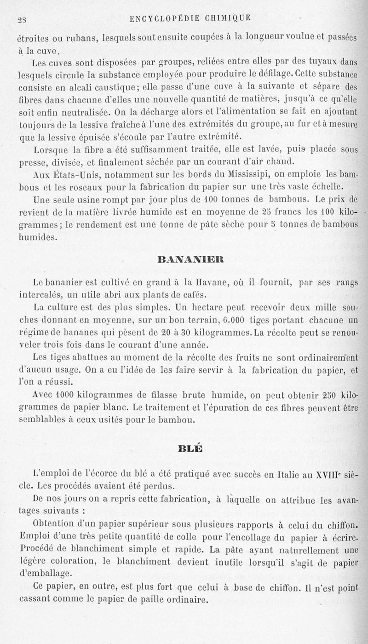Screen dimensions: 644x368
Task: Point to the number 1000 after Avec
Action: (x=60, y=395)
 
